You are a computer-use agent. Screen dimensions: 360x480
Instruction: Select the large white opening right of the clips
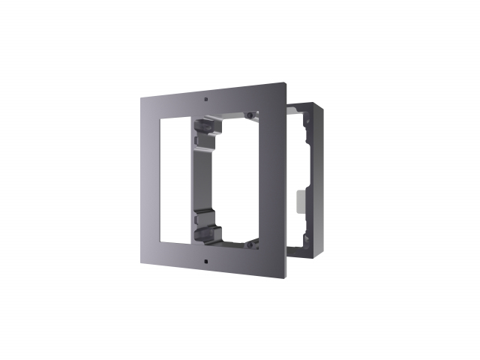(236, 180)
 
